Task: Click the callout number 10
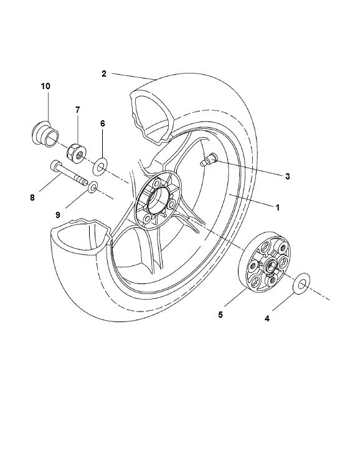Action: pos(46,85)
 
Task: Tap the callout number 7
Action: pos(78,110)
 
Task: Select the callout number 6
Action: pos(102,123)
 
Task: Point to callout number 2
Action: pos(103,74)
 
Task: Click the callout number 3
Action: pos(287,176)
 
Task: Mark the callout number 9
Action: pos(57,214)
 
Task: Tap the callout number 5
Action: pos(220,315)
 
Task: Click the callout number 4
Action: pos(267,319)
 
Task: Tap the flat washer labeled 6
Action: pos(100,166)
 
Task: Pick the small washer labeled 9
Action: pos(92,187)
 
